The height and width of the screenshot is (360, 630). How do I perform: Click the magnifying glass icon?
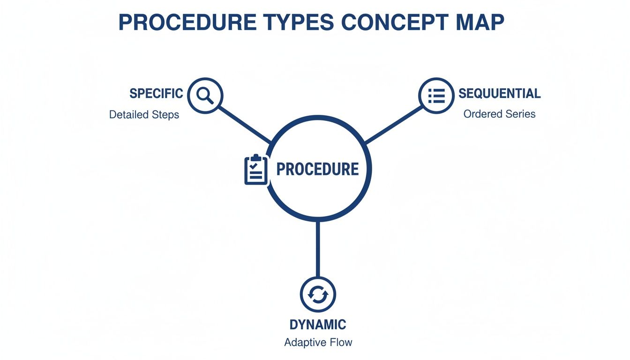pos(205,96)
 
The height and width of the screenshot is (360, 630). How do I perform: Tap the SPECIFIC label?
pos(156,93)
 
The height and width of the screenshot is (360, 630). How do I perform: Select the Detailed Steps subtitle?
pos(144,114)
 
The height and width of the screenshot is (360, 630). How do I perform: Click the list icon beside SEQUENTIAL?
pos(436,96)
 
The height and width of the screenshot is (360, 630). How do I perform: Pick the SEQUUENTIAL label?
pos(499,93)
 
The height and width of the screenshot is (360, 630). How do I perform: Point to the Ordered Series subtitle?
pos(499,114)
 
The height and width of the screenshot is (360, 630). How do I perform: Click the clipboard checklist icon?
pos(256,169)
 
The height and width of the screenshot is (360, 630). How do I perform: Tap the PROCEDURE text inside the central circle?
pos(317,169)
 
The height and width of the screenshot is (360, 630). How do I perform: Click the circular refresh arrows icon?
pos(318,294)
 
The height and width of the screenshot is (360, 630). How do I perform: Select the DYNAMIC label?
pos(318,324)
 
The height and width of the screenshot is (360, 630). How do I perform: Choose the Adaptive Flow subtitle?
pos(318,342)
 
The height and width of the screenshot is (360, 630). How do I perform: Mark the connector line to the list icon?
pos(394,124)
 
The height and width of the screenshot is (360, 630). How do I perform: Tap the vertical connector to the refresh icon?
pos(318,248)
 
